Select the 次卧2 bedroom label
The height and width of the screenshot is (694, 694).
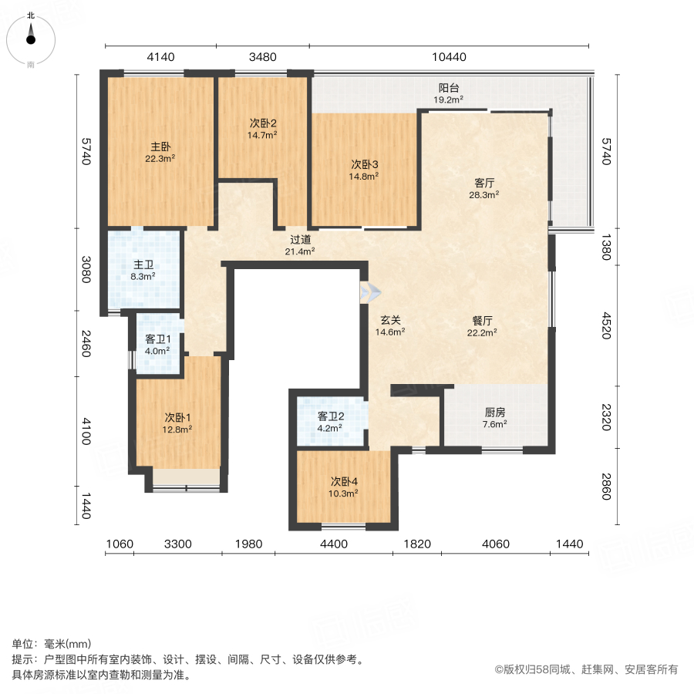click(x=262, y=123)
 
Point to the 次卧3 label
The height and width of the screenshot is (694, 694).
click(x=365, y=164)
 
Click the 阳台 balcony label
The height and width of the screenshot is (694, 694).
click(x=446, y=88)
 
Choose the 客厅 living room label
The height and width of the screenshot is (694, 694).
click(x=483, y=184)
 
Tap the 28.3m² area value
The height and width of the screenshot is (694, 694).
click(x=483, y=195)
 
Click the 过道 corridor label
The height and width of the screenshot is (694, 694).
click(x=300, y=240)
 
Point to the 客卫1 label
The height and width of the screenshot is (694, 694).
click(x=158, y=339)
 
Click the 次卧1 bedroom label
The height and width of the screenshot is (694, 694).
click(x=177, y=418)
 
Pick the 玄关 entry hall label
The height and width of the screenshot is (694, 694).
click(x=390, y=321)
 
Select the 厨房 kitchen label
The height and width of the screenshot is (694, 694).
click(x=494, y=412)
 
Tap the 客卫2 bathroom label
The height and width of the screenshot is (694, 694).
click(x=331, y=416)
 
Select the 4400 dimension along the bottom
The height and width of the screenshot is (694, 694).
click(x=333, y=544)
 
